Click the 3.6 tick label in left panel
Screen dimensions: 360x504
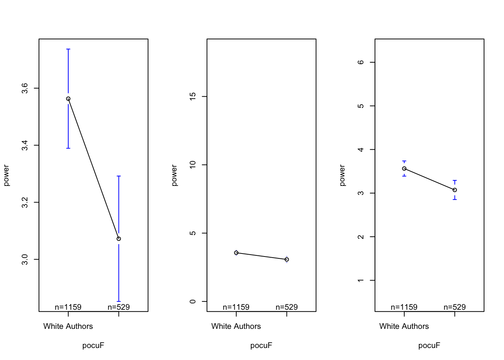pos(25,88)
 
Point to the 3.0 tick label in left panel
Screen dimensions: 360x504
pos(25,259)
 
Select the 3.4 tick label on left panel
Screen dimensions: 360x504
pos(25,145)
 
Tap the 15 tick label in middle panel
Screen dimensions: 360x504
pos(193,96)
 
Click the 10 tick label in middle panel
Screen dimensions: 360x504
pos(193,165)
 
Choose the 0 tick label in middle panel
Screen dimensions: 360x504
pos(193,301)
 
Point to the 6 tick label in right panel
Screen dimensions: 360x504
pos(361,62)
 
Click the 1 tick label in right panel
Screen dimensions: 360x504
pos(361,280)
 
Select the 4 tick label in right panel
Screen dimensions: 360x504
pos(361,150)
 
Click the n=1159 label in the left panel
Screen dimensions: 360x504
pos(68,307)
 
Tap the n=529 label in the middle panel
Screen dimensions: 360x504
pos(286,307)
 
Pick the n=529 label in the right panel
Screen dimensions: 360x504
pos(454,307)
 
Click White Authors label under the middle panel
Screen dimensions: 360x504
pos(236,326)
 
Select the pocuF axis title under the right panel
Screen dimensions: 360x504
pos(429,345)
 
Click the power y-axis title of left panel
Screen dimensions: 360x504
pos(6,175)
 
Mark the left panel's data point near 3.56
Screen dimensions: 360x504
pos(68,99)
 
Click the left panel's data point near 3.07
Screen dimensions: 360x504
pos(119,238)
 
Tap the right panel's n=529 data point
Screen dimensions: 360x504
pos(455,190)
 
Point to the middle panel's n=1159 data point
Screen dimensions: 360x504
pos(236,253)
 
